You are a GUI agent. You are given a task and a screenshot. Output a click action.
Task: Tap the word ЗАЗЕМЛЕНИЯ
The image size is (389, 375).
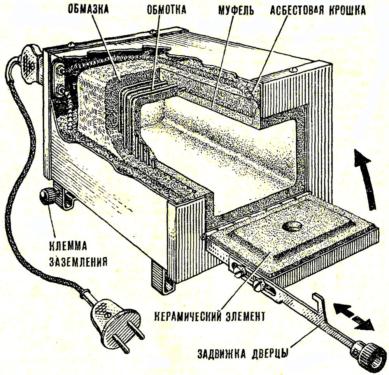78,261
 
